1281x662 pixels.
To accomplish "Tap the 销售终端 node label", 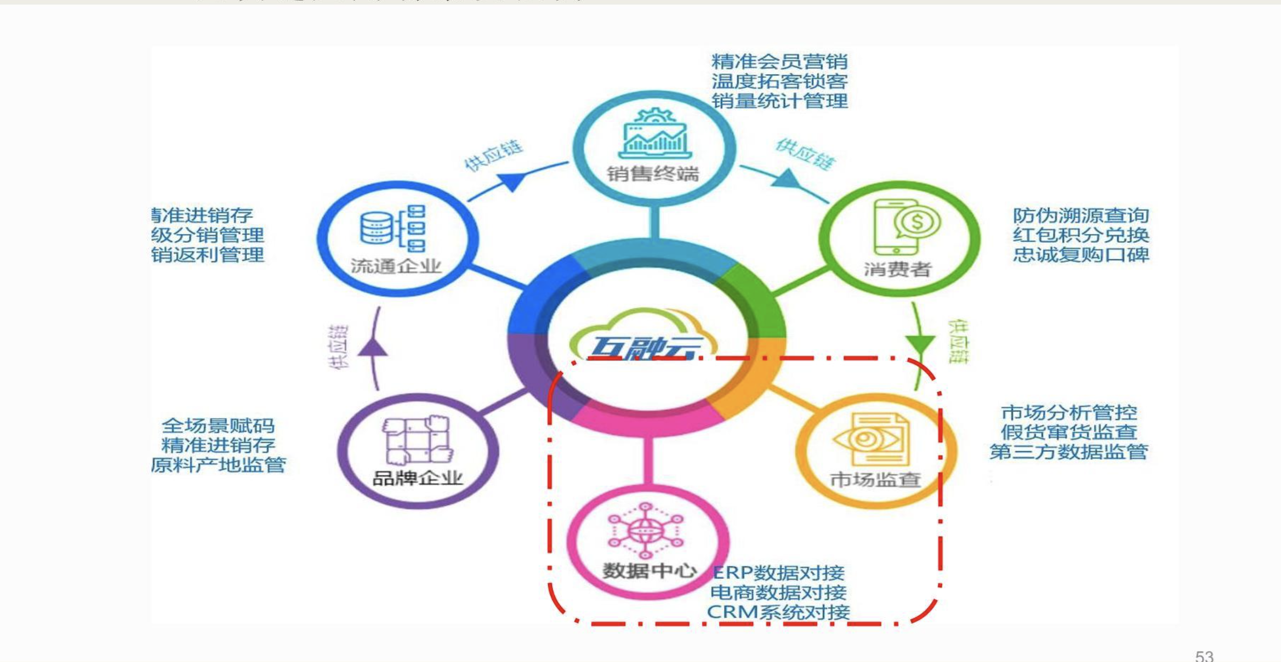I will point(653,174).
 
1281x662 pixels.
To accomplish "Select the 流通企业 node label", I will point(396,266).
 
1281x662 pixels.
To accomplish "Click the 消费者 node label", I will point(897,269).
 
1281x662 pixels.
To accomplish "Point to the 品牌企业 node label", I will point(417,478).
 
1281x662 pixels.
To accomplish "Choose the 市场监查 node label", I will point(875,479).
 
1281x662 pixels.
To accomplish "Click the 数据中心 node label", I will point(649,571).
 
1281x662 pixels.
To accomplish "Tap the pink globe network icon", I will point(645,530).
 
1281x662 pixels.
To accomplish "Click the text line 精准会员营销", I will point(779,62).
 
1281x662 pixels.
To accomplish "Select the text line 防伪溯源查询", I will point(1081,215).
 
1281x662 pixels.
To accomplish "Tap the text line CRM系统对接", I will point(778,612).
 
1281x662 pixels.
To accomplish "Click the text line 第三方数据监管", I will point(1068,451).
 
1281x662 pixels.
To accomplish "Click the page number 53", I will point(1204,656).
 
